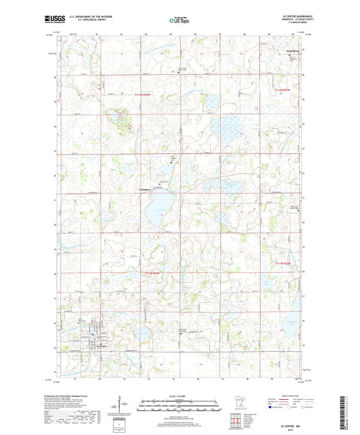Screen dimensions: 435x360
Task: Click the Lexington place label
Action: [148, 190]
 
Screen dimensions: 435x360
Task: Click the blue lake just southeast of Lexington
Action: [159, 207]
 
